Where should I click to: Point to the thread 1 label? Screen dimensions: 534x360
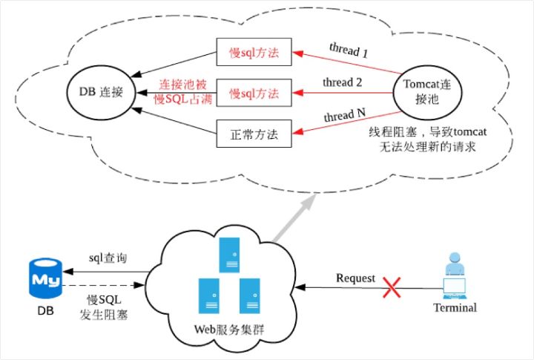coord(349,50)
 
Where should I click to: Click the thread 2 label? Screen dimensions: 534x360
coord(342,82)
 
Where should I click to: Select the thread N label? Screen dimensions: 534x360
coord(345,115)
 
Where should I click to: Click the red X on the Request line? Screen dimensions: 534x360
coord(392,287)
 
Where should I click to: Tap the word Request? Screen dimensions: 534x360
coord(355,278)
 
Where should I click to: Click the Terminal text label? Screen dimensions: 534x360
coord(455,307)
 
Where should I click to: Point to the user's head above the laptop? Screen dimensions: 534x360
coord(455,258)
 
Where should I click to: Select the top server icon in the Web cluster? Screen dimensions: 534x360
coord(229,255)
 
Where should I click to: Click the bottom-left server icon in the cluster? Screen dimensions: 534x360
coord(208,296)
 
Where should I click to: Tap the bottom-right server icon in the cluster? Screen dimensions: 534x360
coord(250,296)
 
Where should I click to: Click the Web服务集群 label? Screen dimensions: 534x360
coord(229,330)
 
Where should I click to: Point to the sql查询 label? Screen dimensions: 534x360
coord(108,258)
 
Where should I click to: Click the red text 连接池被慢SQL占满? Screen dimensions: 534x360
coord(183,92)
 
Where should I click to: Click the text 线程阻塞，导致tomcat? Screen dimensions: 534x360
coord(428,132)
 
